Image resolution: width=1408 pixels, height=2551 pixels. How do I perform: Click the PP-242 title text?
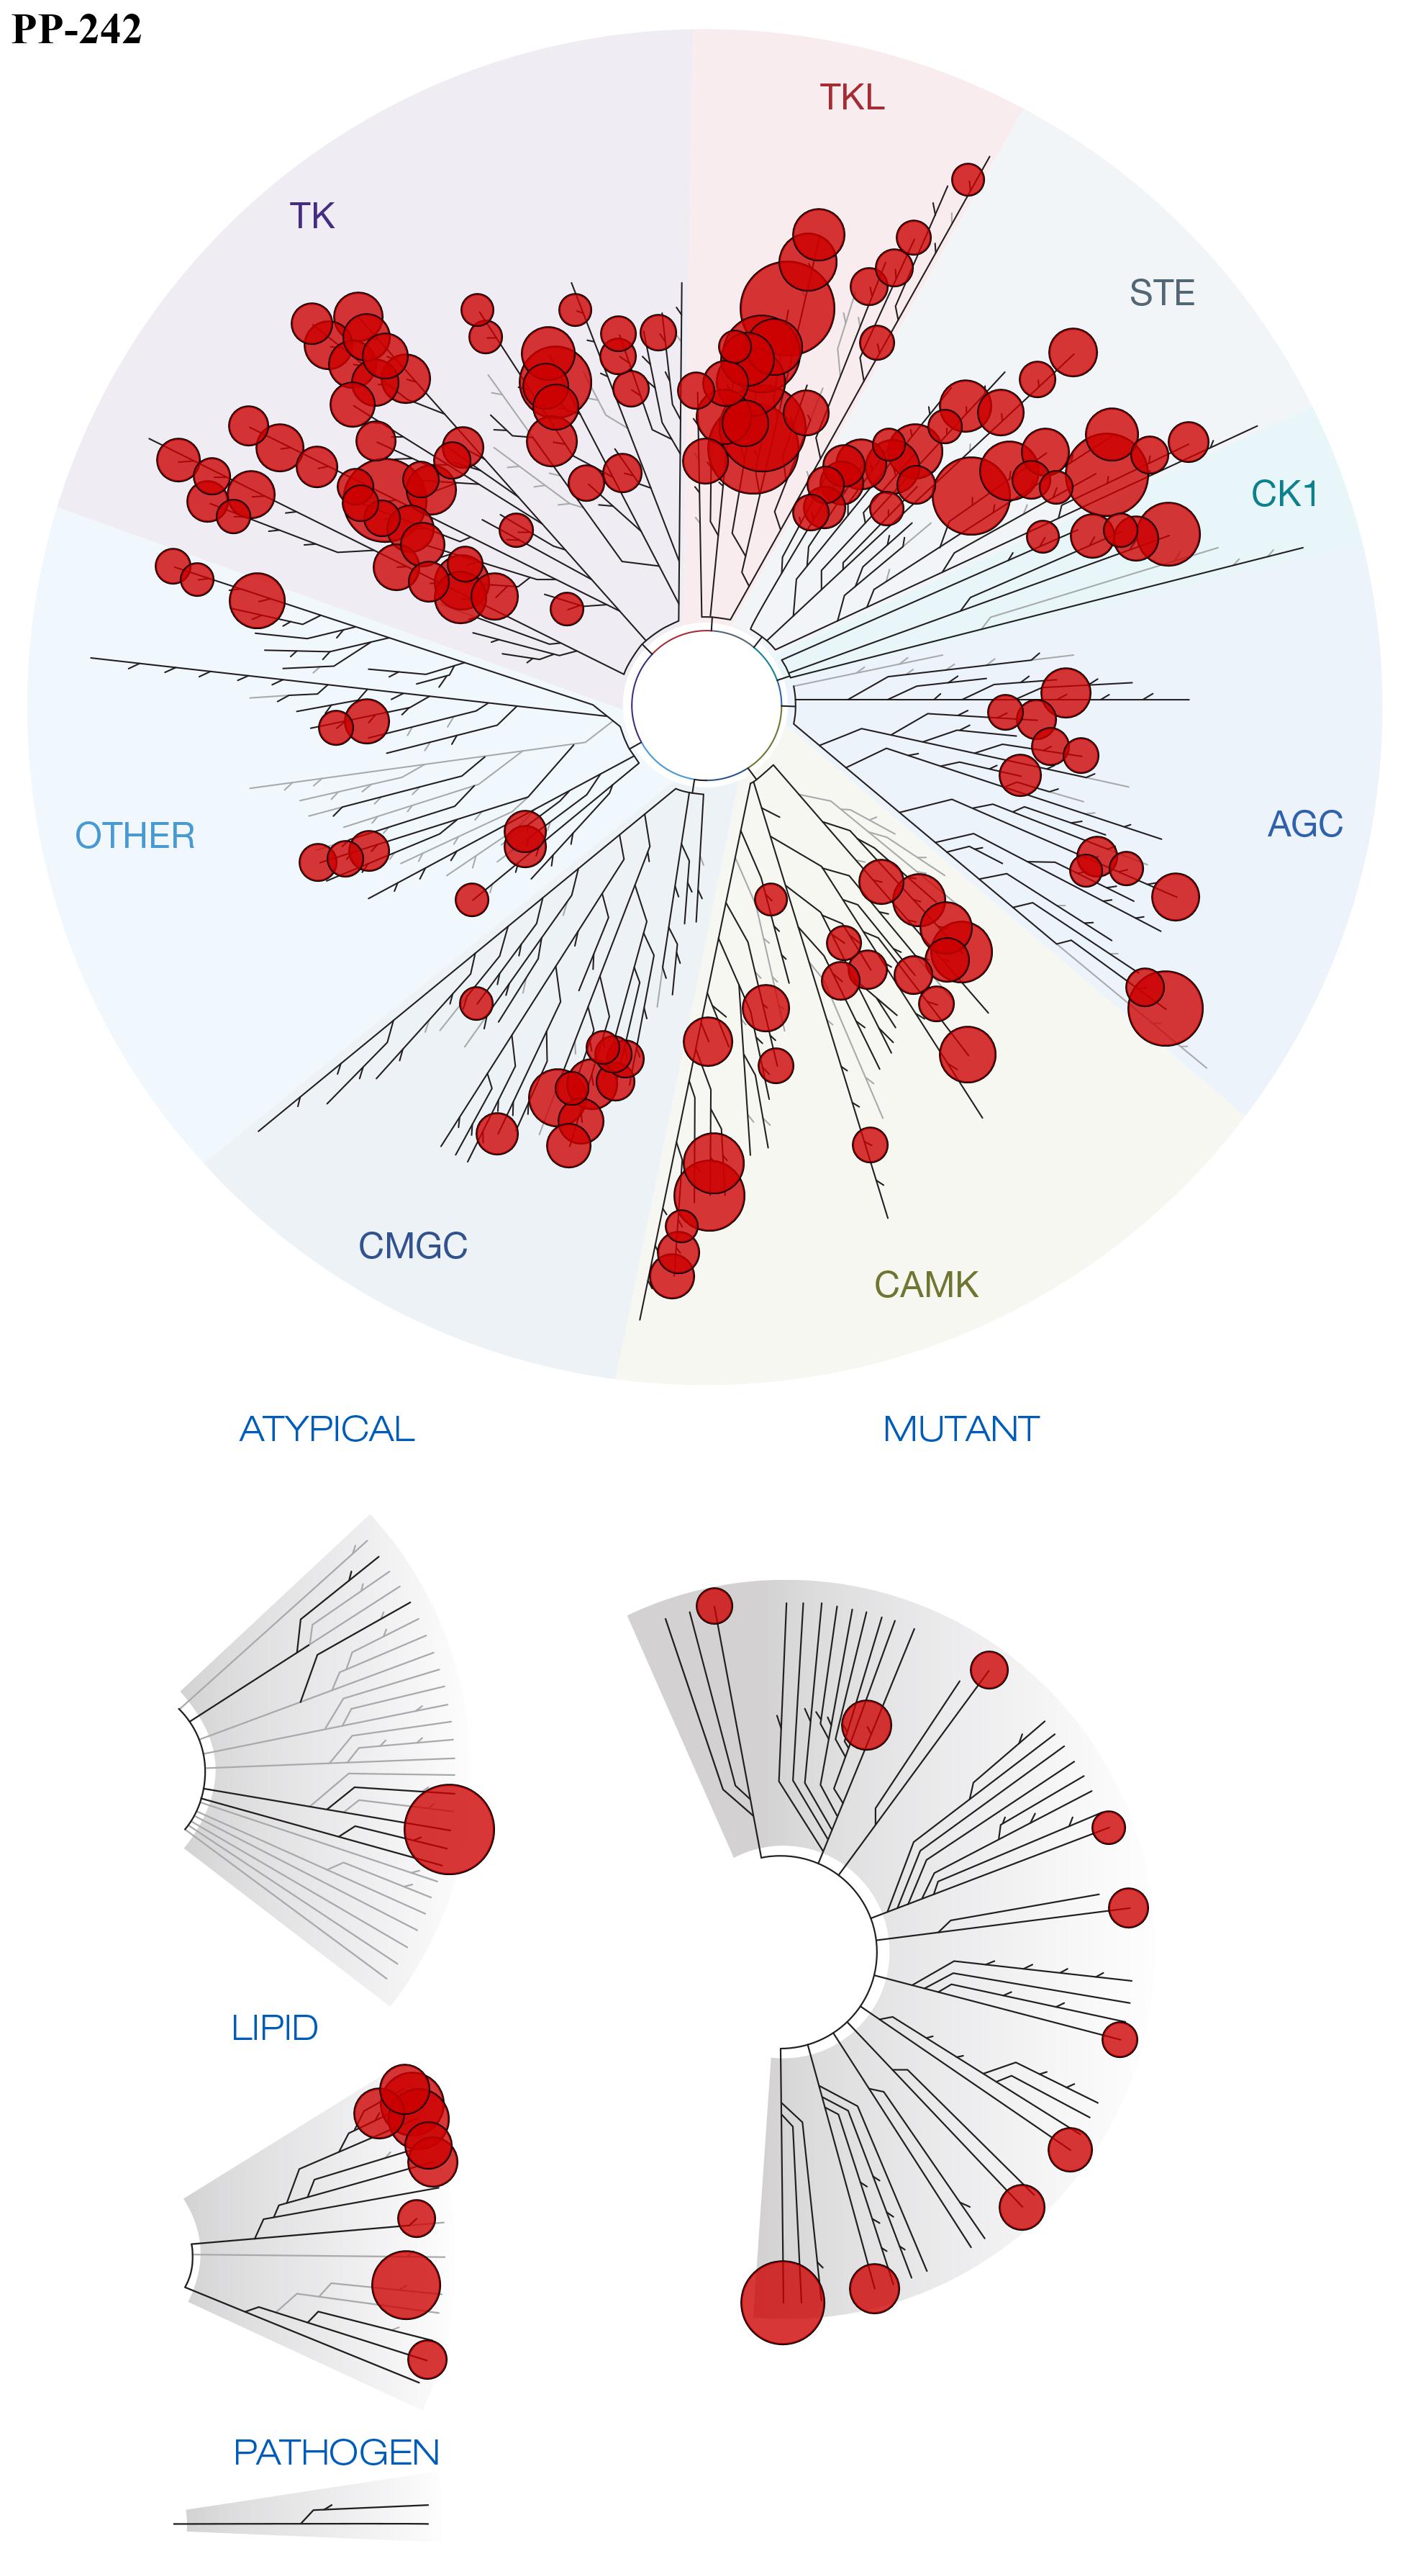click(x=76, y=29)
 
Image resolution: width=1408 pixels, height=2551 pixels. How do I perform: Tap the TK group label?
click(x=312, y=216)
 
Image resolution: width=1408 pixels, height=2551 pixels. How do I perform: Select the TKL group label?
click(x=852, y=97)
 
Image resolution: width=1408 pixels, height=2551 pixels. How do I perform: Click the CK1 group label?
click(x=1284, y=493)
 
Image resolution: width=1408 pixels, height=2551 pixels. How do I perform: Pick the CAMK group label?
click(x=926, y=1284)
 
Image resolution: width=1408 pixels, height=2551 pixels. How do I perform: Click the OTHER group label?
click(x=136, y=836)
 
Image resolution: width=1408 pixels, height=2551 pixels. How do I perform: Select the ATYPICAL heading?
click(x=327, y=1429)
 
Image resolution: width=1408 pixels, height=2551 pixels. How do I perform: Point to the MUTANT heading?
click(x=960, y=1429)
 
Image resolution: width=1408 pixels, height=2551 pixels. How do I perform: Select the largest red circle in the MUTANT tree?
click(x=782, y=2303)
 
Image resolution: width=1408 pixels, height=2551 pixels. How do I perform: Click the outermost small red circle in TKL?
click(x=968, y=179)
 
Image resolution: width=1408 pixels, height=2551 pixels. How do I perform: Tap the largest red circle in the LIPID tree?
click(x=406, y=2285)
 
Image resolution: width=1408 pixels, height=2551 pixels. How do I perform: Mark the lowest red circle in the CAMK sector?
click(x=671, y=1276)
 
